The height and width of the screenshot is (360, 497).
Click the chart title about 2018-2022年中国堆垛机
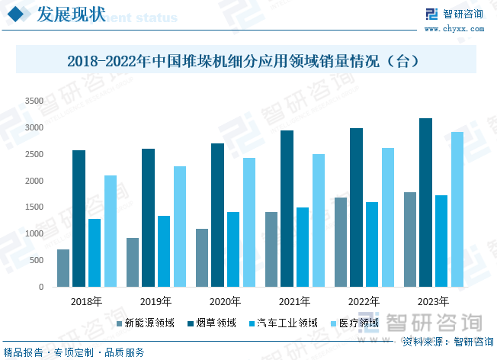coord(243,60)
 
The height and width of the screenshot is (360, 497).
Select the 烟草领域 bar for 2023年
coord(425,203)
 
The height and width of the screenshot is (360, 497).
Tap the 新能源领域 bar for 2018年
coord(63,268)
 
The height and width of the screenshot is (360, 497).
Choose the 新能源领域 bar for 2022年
coord(341,243)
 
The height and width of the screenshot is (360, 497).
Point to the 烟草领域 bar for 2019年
coord(148,218)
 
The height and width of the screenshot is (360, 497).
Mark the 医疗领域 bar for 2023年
coord(457,210)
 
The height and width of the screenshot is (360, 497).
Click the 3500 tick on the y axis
coord(34,101)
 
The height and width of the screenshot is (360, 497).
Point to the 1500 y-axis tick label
coord(34,207)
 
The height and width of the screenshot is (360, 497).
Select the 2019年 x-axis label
coord(156,301)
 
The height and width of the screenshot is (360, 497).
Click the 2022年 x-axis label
coord(364,301)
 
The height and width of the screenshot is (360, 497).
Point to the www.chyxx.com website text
coord(463,28)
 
